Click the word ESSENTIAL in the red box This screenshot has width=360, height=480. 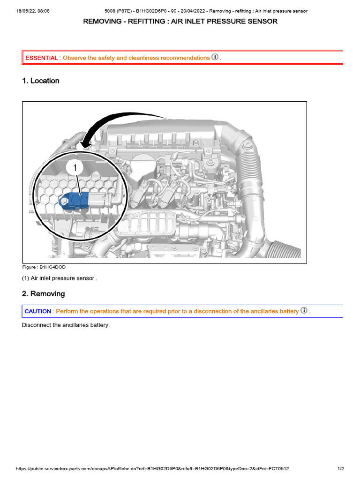tap(42, 58)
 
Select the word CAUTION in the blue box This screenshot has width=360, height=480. tap(38, 311)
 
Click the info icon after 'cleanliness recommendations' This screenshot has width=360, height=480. tap(215, 57)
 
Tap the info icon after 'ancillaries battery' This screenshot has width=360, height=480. tap(304, 311)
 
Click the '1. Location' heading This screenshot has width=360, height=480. tap(41, 81)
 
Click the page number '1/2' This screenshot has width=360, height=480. tap(341, 469)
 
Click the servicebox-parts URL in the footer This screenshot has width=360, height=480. tap(152, 469)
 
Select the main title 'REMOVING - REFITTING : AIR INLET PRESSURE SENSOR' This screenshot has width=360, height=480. tap(180, 22)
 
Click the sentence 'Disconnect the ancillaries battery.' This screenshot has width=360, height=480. tap(66, 325)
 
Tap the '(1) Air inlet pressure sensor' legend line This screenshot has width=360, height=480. tap(60, 278)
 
